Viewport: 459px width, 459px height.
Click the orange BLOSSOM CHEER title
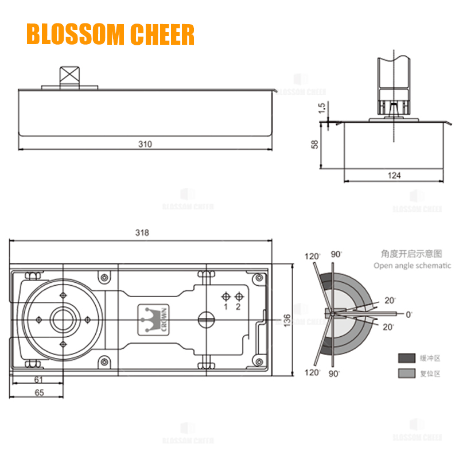[110, 34]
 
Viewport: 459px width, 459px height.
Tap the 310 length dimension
[145, 144]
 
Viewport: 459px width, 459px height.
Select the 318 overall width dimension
[142, 233]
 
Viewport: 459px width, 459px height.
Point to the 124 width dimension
[394, 176]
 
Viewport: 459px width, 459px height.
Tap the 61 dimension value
[39, 380]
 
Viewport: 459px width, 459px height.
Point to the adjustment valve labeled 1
[226, 297]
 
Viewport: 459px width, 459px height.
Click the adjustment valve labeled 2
[238, 297]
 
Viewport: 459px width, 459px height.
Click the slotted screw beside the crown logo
[204, 319]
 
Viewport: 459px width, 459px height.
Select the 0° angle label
[409, 314]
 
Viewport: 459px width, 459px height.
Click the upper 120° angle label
[313, 256]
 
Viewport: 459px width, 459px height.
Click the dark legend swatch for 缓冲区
[407, 358]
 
